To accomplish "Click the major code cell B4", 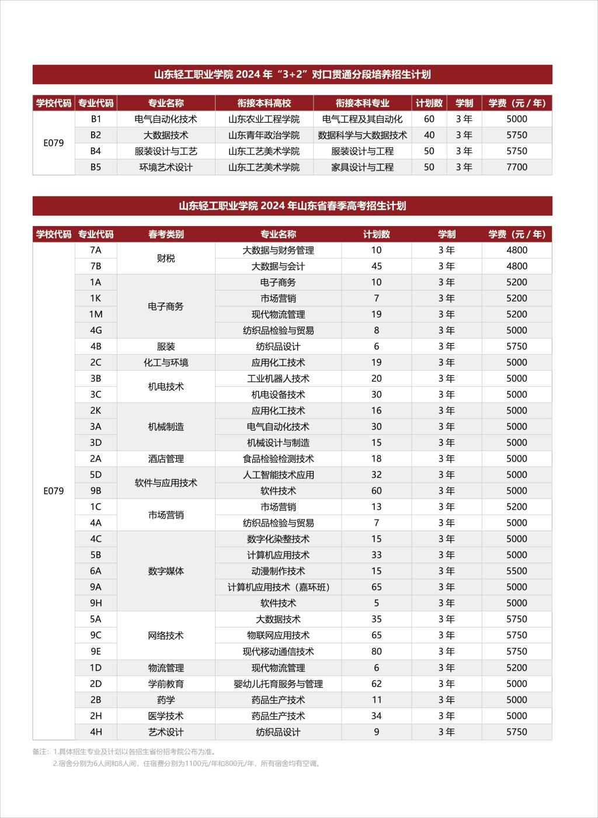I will [x=96, y=151].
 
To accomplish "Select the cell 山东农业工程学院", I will [x=264, y=119].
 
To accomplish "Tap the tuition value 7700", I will [x=517, y=167].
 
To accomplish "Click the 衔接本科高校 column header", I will [x=264, y=103].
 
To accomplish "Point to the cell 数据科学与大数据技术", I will [x=362, y=135].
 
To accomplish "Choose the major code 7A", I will [x=96, y=250].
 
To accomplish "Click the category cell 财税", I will [x=166, y=258].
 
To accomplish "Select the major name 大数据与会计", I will [x=278, y=266].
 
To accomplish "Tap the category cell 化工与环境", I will [x=166, y=362].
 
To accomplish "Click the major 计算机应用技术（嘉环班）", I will [x=278, y=587].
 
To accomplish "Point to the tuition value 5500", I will [x=517, y=571].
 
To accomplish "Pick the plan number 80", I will [x=376, y=651].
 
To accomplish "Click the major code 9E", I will [x=96, y=651].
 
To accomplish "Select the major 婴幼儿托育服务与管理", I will [x=278, y=684].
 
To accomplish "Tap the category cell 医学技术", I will [x=166, y=716].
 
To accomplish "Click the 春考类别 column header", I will [x=166, y=234].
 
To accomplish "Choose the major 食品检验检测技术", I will [x=278, y=459].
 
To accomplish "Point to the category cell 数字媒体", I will [x=166, y=571].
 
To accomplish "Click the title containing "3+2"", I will [x=292, y=75].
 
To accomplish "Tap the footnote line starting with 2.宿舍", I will [x=186, y=763].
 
